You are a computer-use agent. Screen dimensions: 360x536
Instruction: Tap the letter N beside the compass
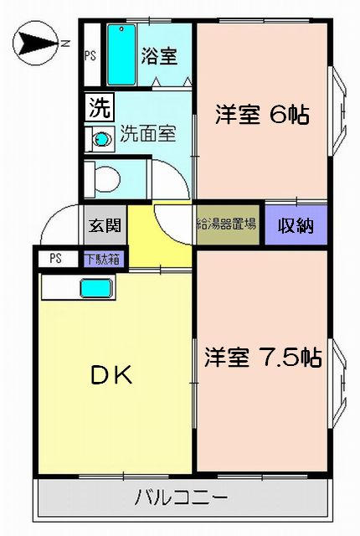pyautogui.click(x=65, y=43)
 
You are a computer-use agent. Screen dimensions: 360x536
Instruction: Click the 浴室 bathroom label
pyautogui.click(x=160, y=56)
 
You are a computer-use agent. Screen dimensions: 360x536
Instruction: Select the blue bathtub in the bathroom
pyautogui.click(x=121, y=54)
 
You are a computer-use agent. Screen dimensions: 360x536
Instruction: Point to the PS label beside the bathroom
pyautogui.click(x=90, y=55)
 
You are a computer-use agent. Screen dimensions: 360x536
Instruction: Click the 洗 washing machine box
pyautogui.click(x=100, y=108)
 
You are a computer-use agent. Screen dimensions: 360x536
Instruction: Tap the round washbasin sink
pyautogui.click(x=101, y=139)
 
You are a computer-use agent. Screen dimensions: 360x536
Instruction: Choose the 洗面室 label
pyautogui.click(x=148, y=134)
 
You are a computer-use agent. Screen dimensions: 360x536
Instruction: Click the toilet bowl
pyautogui.click(x=106, y=178)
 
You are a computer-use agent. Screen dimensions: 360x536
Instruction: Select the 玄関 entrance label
pyautogui.click(x=105, y=225)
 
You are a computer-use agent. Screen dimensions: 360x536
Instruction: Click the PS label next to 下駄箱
pyautogui.click(x=55, y=259)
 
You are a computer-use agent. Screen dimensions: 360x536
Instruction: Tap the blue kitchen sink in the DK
pyautogui.click(x=96, y=288)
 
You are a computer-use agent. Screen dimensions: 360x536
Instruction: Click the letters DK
pyautogui.click(x=111, y=375)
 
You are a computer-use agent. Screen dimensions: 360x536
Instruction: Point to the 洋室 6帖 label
pyautogui.click(x=262, y=115)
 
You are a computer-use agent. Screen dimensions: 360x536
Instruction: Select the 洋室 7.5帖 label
pyautogui.click(x=263, y=357)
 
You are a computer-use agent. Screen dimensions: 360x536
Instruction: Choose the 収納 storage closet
pyautogui.click(x=296, y=225)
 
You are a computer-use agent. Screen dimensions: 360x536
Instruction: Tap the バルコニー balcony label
pyautogui.click(x=182, y=498)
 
